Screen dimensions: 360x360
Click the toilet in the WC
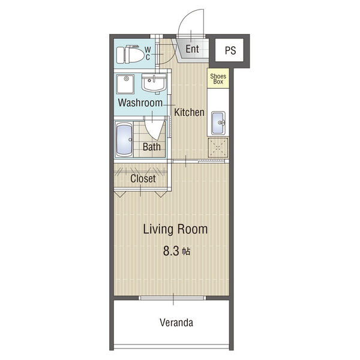click(x=130, y=55)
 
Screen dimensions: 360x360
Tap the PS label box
click(x=229, y=50)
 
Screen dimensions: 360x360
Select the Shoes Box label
click(x=218, y=79)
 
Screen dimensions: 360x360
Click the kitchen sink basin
click(x=218, y=123)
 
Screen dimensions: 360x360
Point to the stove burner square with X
click(x=218, y=148)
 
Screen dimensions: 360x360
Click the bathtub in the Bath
click(x=124, y=140)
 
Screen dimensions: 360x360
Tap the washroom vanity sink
click(x=154, y=83)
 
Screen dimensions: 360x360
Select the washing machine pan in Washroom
click(x=125, y=84)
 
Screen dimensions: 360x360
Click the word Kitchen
click(x=189, y=112)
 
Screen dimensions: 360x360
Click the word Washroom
click(x=140, y=103)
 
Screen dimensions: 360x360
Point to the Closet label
click(x=143, y=178)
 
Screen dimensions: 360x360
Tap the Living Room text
click(x=175, y=229)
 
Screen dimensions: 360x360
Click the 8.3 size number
click(x=171, y=251)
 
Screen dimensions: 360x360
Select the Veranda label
click(x=176, y=323)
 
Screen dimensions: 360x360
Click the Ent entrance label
click(x=192, y=49)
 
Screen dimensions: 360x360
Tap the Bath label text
click(x=152, y=147)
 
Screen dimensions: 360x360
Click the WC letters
click(x=148, y=53)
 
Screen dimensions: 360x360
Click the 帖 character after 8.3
click(x=186, y=251)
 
